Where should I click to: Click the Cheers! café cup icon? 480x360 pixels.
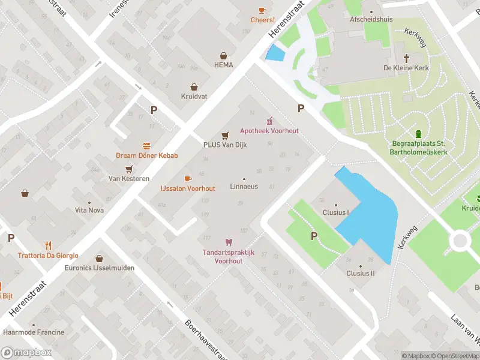262,10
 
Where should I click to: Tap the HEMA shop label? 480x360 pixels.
223,65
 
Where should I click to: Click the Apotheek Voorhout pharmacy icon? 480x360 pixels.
269,120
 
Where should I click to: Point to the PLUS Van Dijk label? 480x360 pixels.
225,145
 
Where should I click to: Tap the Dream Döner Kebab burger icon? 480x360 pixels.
146,146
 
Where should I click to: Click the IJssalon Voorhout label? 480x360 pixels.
187,188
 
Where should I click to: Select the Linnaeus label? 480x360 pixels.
244,187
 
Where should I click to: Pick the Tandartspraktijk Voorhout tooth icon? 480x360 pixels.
227,242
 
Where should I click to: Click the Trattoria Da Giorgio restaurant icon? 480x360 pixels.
48,245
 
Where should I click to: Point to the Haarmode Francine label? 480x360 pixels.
34,332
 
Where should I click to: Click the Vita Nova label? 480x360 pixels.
89,211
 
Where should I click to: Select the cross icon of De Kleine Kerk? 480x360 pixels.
406,58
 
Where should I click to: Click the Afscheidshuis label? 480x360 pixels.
371,19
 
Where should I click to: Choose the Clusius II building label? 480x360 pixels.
360,274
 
